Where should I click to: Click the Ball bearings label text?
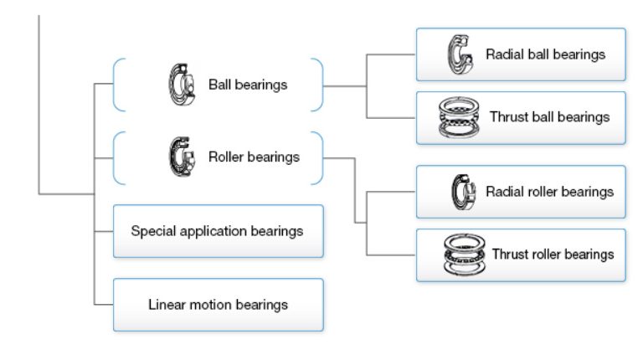click(x=248, y=85)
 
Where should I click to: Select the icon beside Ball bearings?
click(x=180, y=84)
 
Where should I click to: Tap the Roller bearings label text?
click(x=254, y=157)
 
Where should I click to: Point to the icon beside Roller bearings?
click(x=179, y=157)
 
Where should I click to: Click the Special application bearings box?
click(x=218, y=230)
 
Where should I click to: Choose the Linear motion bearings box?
click(x=218, y=304)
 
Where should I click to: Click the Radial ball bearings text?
click(x=545, y=54)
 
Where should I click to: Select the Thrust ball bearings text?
click(x=549, y=117)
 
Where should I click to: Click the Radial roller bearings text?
click(x=549, y=192)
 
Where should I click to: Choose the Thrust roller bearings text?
click(x=553, y=254)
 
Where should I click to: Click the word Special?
click(x=153, y=230)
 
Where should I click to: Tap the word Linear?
click(x=167, y=304)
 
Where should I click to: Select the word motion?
click(x=209, y=304)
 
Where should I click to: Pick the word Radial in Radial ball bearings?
click(x=504, y=54)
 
